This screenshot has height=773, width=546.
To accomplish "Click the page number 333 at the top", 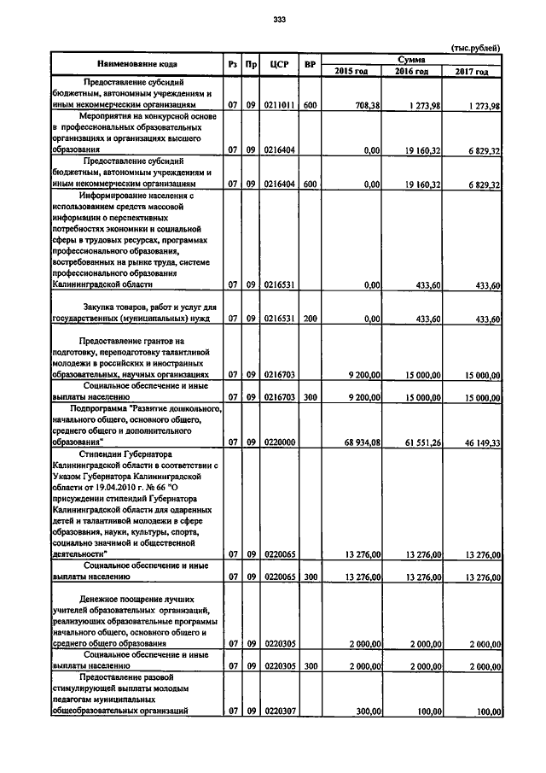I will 278,20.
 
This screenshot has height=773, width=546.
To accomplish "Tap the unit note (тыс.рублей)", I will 474,47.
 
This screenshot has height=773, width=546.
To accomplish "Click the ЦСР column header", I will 276,64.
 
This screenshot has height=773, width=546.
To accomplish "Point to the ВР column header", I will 310,64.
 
